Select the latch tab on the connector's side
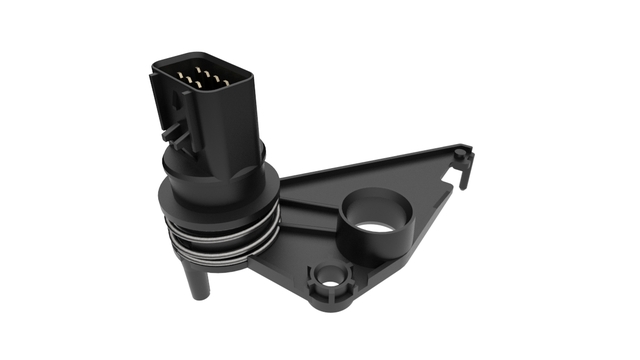tap(172, 130)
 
